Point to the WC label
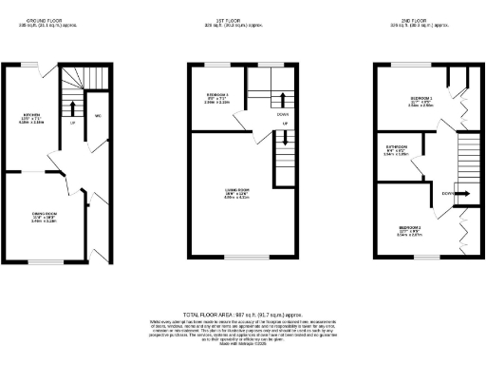(x=98, y=116)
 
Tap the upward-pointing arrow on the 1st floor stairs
(x=284, y=141)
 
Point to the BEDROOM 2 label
(x=410, y=229)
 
